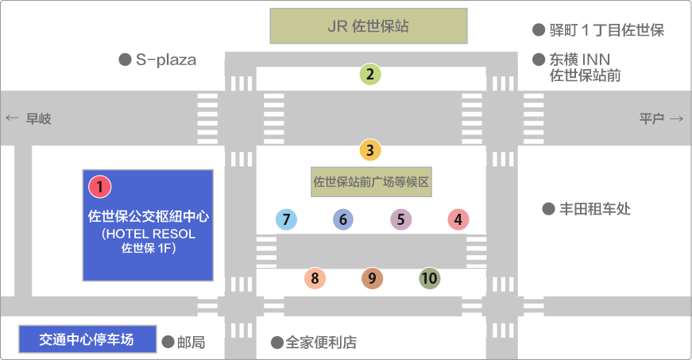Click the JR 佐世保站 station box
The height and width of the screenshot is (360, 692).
pyautogui.click(x=368, y=26)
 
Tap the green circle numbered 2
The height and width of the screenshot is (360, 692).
pyautogui.click(x=370, y=75)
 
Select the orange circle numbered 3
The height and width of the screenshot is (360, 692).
pyautogui.click(x=370, y=149)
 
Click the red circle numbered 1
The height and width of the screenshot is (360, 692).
pyautogui.click(x=100, y=187)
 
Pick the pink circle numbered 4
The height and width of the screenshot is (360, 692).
pyautogui.click(x=458, y=219)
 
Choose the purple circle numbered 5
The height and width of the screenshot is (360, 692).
pyautogui.click(x=400, y=219)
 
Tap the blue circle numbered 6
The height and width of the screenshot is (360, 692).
pyautogui.click(x=342, y=219)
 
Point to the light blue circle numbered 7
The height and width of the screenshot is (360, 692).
pyautogui.click(x=286, y=219)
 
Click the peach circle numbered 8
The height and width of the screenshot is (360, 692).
pyautogui.click(x=315, y=278)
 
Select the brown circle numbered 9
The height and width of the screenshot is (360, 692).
pyautogui.click(x=372, y=278)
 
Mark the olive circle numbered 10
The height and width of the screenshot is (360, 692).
pyautogui.click(x=429, y=278)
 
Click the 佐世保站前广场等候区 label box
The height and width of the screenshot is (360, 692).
pyautogui.click(x=371, y=181)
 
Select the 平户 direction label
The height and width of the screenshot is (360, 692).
pyautogui.click(x=660, y=118)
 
